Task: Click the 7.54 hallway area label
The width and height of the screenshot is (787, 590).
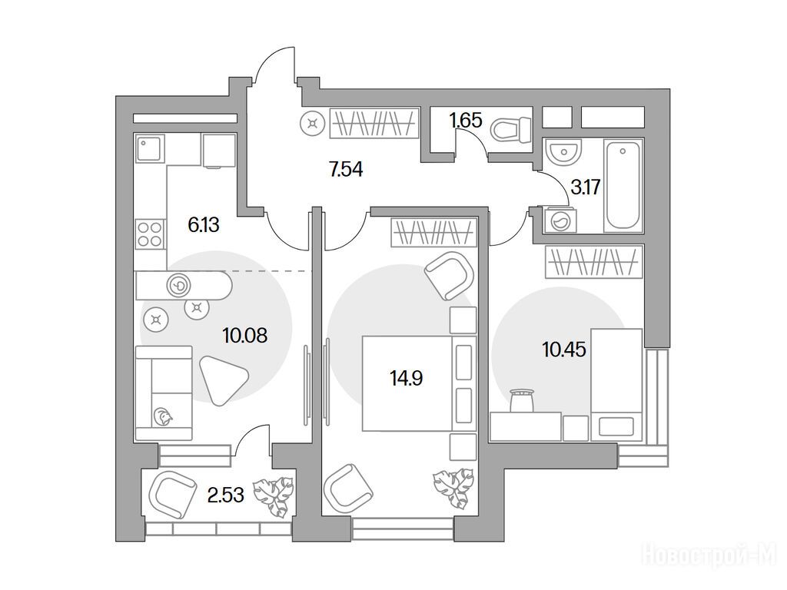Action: click(x=346, y=170)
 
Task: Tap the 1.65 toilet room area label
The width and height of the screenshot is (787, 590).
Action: click(x=465, y=121)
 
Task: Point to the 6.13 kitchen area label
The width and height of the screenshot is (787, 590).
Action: click(x=203, y=225)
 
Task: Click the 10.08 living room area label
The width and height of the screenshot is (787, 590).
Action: click(x=245, y=335)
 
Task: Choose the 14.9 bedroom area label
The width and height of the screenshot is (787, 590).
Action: click(x=406, y=378)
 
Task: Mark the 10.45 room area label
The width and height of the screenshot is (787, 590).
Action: click(x=564, y=350)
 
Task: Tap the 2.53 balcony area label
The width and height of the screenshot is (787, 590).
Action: click(x=226, y=496)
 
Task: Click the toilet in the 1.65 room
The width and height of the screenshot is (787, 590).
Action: click(x=511, y=129)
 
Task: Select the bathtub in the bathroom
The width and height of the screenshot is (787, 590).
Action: click(x=623, y=186)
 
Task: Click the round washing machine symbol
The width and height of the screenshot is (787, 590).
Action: click(x=560, y=220)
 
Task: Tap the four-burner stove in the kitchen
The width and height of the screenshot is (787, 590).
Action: click(x=150, y=234)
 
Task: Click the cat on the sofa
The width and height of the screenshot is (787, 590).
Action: click(x=163, y=416)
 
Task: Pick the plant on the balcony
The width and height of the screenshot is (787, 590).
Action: click(x=273, y=497)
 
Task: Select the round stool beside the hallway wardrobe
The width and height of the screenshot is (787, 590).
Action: click(x=314, y=123)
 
